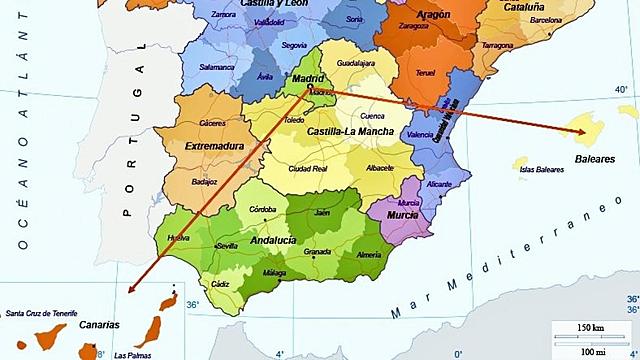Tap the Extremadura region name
click(x=215, y=146)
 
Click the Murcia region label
click(x=402, y=215)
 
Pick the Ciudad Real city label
click(x=307, y=168)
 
